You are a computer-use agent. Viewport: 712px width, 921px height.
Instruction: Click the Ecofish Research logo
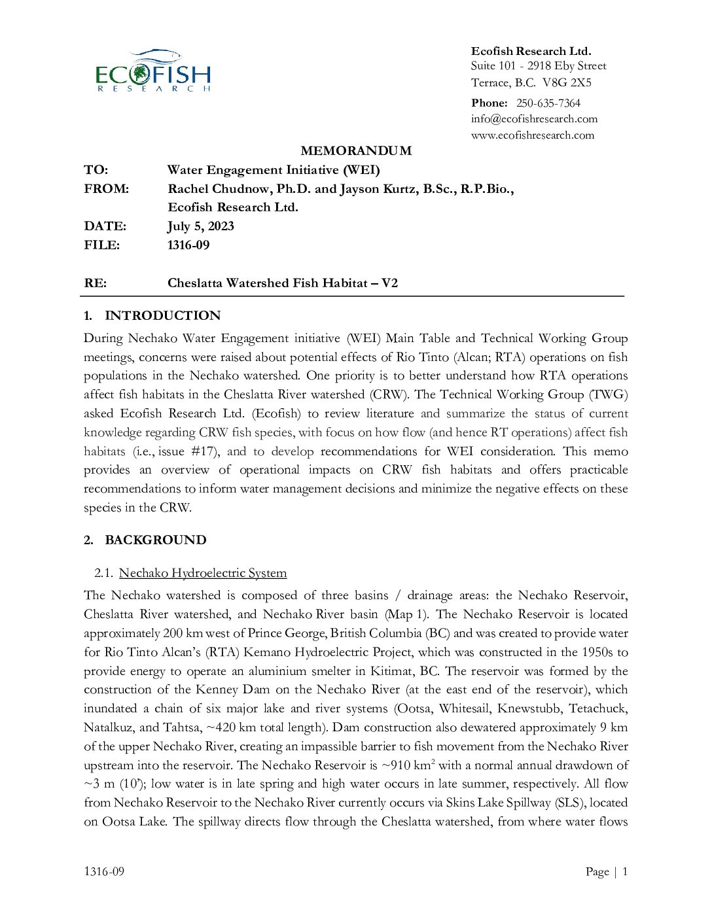click(152, 71)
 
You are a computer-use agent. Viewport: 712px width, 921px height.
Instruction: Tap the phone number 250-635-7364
click(548, 103)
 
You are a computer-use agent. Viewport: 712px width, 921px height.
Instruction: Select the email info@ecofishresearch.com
click(534, 119)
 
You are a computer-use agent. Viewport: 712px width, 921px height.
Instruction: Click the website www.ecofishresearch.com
click(532, 135)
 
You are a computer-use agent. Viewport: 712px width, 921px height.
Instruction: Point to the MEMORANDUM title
click(356, 151)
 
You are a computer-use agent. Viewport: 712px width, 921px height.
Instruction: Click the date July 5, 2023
click(200, 226)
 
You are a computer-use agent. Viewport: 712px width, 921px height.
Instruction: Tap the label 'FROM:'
click(106, 189)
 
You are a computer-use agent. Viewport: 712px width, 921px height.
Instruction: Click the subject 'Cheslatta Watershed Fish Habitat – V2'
click(282, 283)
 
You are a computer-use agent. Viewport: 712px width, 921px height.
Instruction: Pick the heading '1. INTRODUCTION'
click(152, 316)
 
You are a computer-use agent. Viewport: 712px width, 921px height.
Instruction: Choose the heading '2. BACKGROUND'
click(145, 540)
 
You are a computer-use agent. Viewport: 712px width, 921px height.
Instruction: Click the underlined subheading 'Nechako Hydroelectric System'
click(203, 573)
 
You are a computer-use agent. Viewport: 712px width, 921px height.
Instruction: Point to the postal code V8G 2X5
click(567, 83)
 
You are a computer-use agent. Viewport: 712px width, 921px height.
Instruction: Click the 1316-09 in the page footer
click(104, 871)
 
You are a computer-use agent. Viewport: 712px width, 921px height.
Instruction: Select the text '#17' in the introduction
click(204, 451)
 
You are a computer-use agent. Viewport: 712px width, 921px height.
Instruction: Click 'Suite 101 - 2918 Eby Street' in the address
click(538, 66)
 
